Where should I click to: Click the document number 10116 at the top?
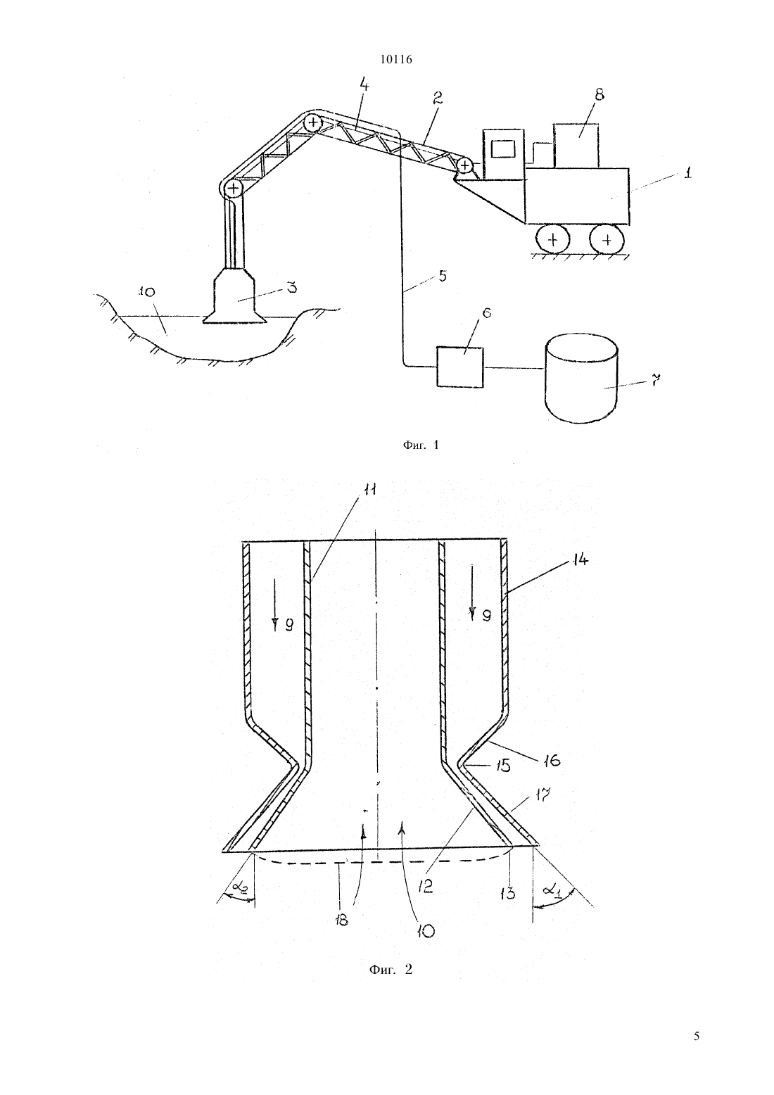point(395,60)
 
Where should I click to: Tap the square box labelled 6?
point(459,367)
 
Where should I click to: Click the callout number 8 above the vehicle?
point(599,94)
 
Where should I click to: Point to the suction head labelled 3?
point(234,295)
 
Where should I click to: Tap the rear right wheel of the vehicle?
point(607,240)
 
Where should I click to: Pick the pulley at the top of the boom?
point(312,122)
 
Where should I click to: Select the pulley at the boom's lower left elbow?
point(234,188)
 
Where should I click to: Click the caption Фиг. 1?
point(421,445)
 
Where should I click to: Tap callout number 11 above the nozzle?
point(370,489)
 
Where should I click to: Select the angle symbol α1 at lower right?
point(552,890)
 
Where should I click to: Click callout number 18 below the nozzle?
point(341,919)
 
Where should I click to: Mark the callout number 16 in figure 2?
point(551,761)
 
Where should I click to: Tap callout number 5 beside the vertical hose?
point(442,276)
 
